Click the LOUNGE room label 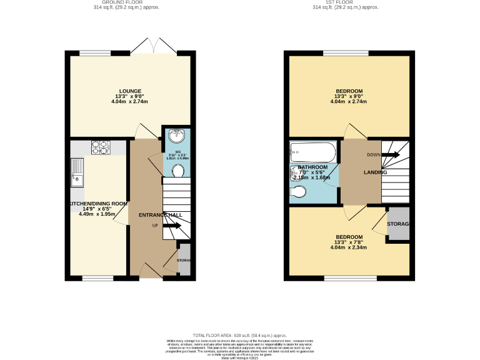click(131, 91)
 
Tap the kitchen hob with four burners click(101, 148)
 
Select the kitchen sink click(77, 172)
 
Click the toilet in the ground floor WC click(177, 171)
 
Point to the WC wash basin click(176, 134)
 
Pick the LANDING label click(375, 172)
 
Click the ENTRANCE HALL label click(160, 215)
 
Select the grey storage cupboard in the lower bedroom click(397, 224)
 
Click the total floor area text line click(239, 336)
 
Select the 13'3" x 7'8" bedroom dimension click(348, 242)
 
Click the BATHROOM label click(312, 167)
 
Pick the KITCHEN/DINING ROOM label click(98, 204)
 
